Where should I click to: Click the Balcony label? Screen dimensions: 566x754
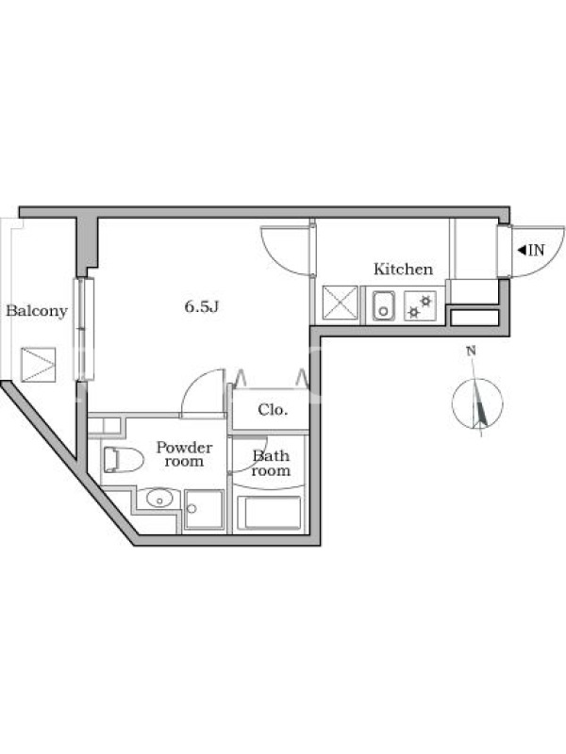point(37,311)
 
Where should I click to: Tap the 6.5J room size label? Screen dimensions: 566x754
point(202,306)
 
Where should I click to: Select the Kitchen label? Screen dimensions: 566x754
point(404,269)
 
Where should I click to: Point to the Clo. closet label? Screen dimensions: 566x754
point(273,410)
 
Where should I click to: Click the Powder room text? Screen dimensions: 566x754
point(184,454)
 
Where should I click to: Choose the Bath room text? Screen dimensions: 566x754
point(271,463)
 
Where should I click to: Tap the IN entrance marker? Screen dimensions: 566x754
point(531,250)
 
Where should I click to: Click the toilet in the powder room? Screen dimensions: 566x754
point(124,460)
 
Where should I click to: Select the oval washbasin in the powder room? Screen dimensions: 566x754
point(159,499)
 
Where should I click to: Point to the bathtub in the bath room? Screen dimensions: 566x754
point(269,513)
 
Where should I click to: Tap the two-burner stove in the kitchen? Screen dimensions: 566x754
point(420,305)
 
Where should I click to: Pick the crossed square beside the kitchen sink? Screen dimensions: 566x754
point(341,303)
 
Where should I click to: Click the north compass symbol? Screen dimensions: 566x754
point(477,404)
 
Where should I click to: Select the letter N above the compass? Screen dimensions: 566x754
point(471,351)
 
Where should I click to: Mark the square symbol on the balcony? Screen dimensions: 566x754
point(39,365)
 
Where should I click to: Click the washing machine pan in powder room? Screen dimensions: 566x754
point(204,510)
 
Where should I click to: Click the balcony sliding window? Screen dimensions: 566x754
point(84,329)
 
